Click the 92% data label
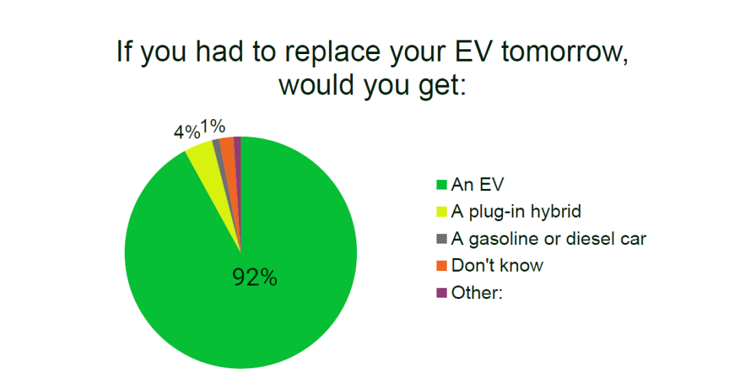[x=255, y=278]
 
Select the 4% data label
[x=187, y=132]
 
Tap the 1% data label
[x=213, y=127]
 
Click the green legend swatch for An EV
[x=441, y=184]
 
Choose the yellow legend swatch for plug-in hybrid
[x=441, y=211]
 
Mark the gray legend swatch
[x=441, y=239]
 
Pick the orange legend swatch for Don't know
[x=441, y=266]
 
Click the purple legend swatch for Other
[x=441, y=293]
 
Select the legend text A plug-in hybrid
[x=516, y=211]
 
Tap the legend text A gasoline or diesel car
[x=548, y=239]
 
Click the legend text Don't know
[x=497, y=266]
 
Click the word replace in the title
[x=328, y=52]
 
